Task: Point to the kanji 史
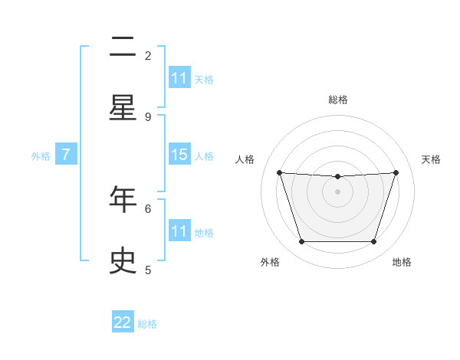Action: pyautogui.click(x=123, y=260)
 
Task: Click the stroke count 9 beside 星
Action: pyautogui.click(x=148, y=116)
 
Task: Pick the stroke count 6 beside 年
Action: pyautogui.click(x=148, y=208)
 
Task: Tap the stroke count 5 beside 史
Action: pyautogui.click(x=148, y=269)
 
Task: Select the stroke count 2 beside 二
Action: pyautogui.click(x=148, y=55)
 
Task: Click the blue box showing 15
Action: pyautogui.click(x=179, y=155)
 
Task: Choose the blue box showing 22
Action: pyautogui.click(x=123, y=322)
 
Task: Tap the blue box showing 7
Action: pyautogui.click(x=66, y=155)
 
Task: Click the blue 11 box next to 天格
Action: pyautogui.click(x=179, y=78)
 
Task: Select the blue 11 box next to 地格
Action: pyautogui.click(x=179, y=231)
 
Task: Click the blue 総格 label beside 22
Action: pyautogui.click(x=147, y=324)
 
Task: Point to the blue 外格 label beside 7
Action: pyautogui.click(x=41, y=155)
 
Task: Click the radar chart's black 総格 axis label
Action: pyautogui.click(x=337, y=100)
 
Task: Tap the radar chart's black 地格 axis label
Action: pyautogui.click(x=402, y=262)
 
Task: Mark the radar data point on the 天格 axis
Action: pyautogui.click(x=396, y=172)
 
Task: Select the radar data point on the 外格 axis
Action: pyautogui.click(x=301, y=242)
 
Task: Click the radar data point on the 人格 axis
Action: pyautogui.click(x=279, y=172)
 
